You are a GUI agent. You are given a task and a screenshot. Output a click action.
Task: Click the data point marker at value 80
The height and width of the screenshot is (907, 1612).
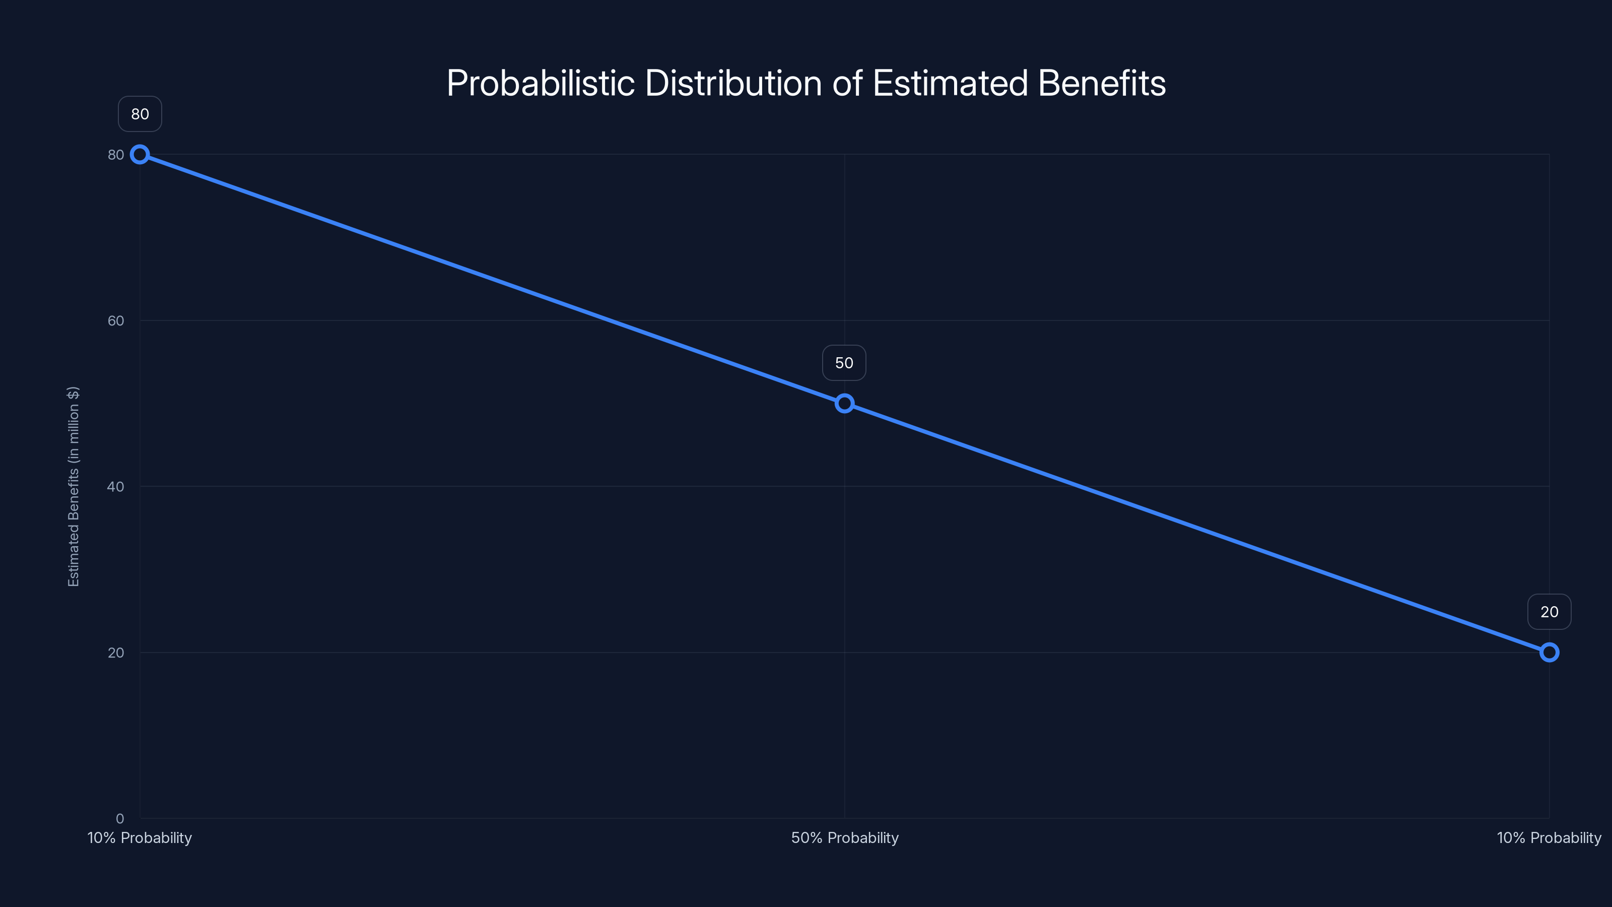click(140, 155)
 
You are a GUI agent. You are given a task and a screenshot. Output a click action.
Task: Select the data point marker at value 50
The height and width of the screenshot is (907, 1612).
click(844, 403)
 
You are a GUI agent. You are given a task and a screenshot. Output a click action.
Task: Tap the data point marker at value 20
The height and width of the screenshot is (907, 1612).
click(1549, 652)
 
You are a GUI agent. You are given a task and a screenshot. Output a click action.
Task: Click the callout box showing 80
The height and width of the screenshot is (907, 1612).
click(140, 114)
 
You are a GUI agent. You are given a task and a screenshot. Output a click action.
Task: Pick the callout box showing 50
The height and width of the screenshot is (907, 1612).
click(844, 363)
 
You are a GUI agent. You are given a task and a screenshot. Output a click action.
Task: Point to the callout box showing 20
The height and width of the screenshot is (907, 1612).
click(1549, 612)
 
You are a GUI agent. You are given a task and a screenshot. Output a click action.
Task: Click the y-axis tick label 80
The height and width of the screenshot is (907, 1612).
click(116, 155)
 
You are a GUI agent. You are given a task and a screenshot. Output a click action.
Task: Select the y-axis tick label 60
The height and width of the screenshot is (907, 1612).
click(116, 320)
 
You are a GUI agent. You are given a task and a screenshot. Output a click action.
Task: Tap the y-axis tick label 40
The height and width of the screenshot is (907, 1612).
click(116, 486)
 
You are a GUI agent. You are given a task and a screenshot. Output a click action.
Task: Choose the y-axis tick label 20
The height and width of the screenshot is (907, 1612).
click(116, 652)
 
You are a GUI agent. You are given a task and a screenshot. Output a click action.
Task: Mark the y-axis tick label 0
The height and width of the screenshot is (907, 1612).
click(119, 818)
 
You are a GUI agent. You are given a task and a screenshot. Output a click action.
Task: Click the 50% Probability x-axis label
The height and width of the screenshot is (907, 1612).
click(844, 837)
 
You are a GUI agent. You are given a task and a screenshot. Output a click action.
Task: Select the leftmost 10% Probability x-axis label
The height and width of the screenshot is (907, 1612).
click(140, 837)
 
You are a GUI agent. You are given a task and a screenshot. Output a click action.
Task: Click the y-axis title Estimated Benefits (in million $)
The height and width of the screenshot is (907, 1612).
click(73, 486)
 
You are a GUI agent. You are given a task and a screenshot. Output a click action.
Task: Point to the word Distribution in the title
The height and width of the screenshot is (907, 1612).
click(733, 83)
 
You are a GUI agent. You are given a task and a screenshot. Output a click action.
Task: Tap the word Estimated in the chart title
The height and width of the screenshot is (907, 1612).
click(950, 83)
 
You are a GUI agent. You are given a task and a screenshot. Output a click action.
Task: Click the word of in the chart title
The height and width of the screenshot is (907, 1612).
click(847, 83)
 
